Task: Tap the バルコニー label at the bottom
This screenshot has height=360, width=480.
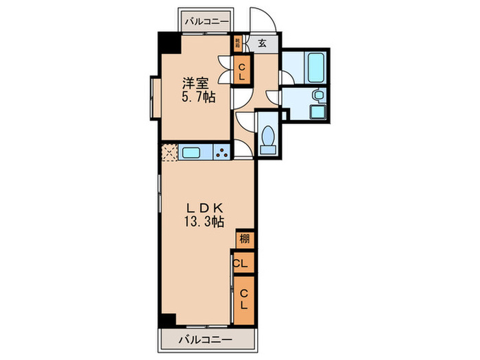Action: tap(206, 339)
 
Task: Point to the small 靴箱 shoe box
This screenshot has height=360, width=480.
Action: tap(237, 43)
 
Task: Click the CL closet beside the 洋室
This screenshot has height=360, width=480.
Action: tap(242, 71)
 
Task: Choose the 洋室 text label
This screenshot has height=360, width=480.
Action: tap(194, 84)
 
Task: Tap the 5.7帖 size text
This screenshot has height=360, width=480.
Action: tap(199, 98)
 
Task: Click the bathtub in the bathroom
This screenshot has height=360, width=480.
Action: tap(317, 65)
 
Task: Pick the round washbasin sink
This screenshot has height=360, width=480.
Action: tap(317, 95)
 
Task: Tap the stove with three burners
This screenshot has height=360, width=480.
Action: tap(222, 152)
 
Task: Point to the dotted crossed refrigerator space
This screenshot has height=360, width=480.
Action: tap(169, 152)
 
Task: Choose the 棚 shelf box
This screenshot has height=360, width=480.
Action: tap(245, 239)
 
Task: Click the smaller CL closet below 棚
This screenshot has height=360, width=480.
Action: tap(241, 263)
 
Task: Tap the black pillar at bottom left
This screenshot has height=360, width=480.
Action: tap(167, 320)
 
